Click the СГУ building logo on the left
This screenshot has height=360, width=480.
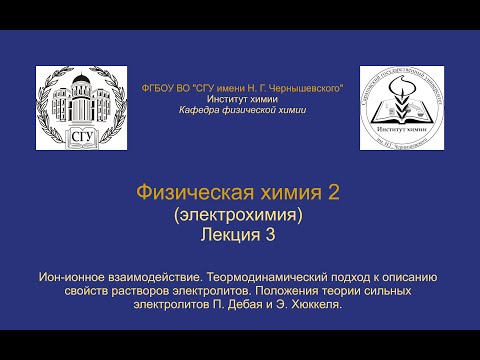[79, 108]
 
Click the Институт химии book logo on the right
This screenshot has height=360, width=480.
[401, 108]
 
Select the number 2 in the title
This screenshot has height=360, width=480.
[334, 193]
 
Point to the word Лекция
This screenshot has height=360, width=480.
[230, 235]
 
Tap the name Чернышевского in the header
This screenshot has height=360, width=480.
[299, 90]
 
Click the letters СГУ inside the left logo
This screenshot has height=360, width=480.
[79, 135]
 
